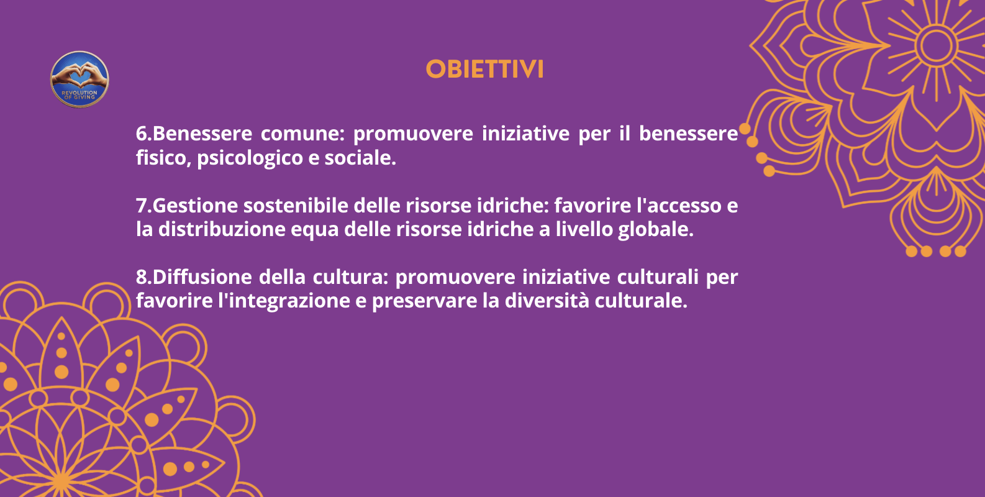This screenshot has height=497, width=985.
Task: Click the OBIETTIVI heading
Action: (484, 69)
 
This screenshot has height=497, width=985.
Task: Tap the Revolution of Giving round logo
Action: (79, 80)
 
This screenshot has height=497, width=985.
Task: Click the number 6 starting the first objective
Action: (142, 134)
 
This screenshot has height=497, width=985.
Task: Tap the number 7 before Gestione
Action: (142, 206)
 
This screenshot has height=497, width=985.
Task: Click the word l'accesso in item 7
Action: (679, 206)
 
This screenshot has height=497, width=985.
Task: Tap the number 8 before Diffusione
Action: (142, 277)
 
